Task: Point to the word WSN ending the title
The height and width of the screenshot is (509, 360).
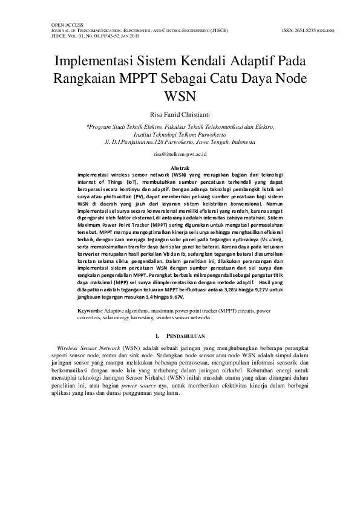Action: tap(180, 97)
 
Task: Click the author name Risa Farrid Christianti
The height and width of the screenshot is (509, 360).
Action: tap(180, 113)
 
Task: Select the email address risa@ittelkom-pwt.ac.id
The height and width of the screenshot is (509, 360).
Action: tap(180, 155)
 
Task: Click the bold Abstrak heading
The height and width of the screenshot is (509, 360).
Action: tap(180, 167)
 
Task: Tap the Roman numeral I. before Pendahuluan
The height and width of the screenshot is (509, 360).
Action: tap(159, 335)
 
